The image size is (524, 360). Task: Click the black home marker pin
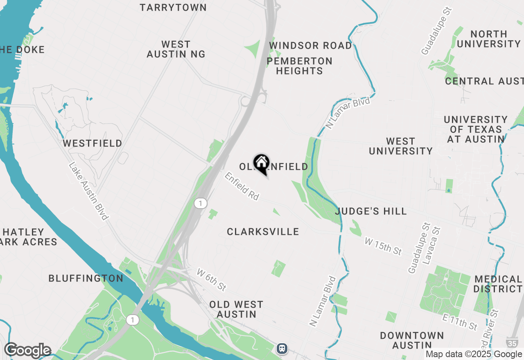click(x=261, y=164)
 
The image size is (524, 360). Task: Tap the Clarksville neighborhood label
click(x=263, y=232)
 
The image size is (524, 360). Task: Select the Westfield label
click(x=93, y=144)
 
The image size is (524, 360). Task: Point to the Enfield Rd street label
click(x=242, y=186)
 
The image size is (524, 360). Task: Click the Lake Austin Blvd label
click(x=88, y=191)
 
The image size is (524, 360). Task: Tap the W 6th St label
click(x=211, y=280)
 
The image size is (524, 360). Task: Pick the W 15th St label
click(x=383, y=247)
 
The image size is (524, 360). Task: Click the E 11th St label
click(x=460, y=322)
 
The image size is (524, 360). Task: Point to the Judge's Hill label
click(x=371, y=211)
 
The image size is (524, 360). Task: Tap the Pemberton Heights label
click(x=300, y=66)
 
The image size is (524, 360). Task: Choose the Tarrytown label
click(x=173, y=7)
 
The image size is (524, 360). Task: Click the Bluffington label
click(x=86, y=279)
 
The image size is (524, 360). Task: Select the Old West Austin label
click(x=236, y=309)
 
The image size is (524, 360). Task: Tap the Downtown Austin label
click(x=412, y=340)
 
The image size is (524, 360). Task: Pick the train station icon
click(x=282, y=348)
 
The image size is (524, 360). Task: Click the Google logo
click(x=27, y=351)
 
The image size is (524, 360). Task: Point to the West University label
click(x=401, y=146)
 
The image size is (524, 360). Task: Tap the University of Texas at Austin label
click(x=476, y=129)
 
